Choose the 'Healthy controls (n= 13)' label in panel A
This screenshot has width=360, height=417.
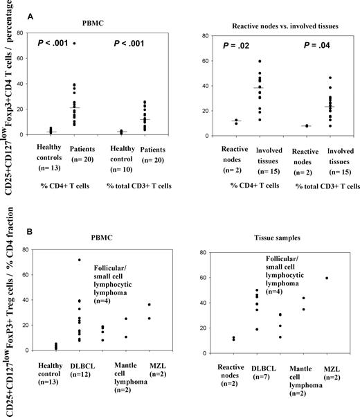tap(57, 157)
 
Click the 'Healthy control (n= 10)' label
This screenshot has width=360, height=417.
tap(127, 157)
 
